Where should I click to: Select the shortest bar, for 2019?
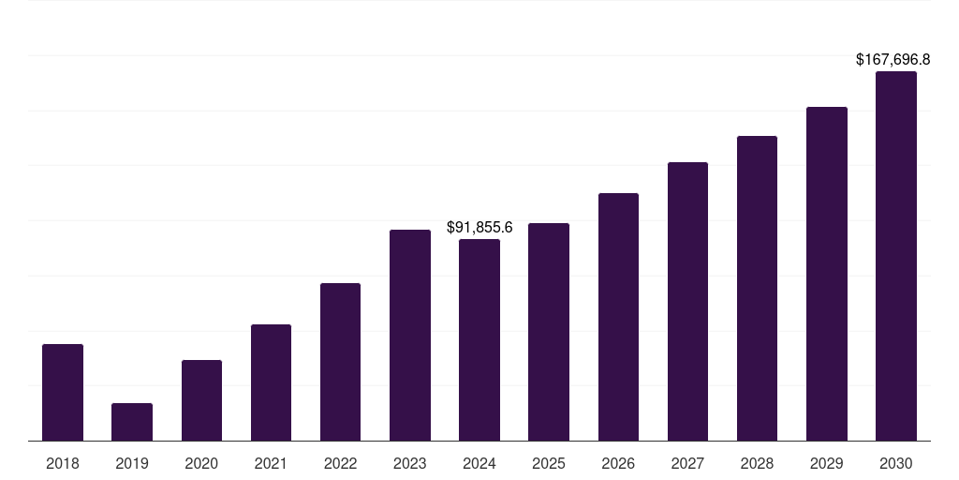point(132,422)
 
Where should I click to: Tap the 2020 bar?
point(201,400)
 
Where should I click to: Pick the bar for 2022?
point(340,362)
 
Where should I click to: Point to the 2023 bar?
point(410,335)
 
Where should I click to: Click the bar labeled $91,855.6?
point(479,339)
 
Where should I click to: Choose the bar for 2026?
point(618,317)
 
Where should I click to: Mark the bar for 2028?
point(757,288)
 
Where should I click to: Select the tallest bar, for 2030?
point(895,256)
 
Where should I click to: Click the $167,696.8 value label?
point(893,59)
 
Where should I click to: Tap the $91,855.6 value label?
point(479,227)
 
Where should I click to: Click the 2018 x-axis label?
point(63,463)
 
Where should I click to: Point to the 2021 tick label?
point(271,463)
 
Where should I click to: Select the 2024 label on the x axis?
point(479,463)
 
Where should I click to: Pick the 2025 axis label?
point(549,463)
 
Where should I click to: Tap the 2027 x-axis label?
point(687,463)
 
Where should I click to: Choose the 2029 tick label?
point(826,463)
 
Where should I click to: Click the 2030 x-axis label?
point(895,463)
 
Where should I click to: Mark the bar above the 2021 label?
point(271,382)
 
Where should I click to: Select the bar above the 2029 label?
point(826,274)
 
